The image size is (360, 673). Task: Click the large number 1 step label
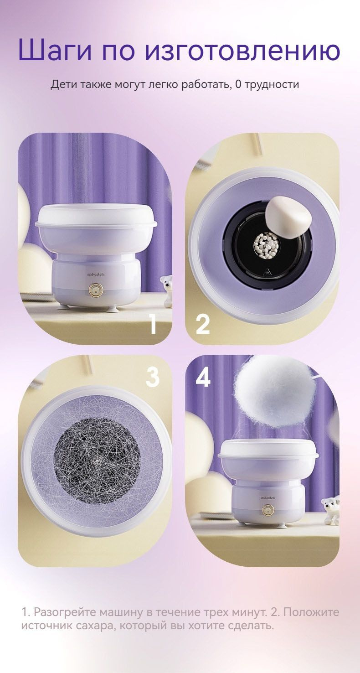click(x=154, y=324)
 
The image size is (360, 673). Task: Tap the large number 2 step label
click(x=203, y=324)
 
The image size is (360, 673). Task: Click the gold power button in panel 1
click(x=96, y=290)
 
